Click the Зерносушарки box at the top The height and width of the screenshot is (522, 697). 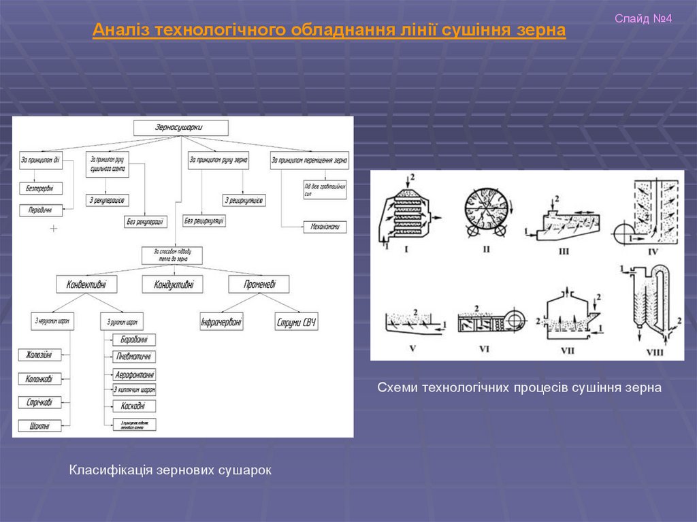tap(180, 127)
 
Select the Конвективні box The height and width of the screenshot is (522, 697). tap(86, 284)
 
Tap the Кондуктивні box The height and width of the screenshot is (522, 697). tap(173, 284)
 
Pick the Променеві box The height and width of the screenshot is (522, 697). tap(259, 284)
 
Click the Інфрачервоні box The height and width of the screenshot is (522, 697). tap(221, 321)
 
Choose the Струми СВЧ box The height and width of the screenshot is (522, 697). tap(297, 321)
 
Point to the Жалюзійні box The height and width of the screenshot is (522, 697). tap(40, 355)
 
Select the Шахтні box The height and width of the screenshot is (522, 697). tap(40, 426)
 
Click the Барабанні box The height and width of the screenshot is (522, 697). tap(133, 340)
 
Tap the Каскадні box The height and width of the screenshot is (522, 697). tap(133, 406)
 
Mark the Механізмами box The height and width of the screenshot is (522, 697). tap(325, 227)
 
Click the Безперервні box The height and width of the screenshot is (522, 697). tap(40, 188)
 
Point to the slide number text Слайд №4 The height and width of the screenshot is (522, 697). tap(643, 18)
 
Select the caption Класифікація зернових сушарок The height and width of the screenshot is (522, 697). tap(170, 470)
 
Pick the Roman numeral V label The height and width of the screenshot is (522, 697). tap(412, 348)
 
